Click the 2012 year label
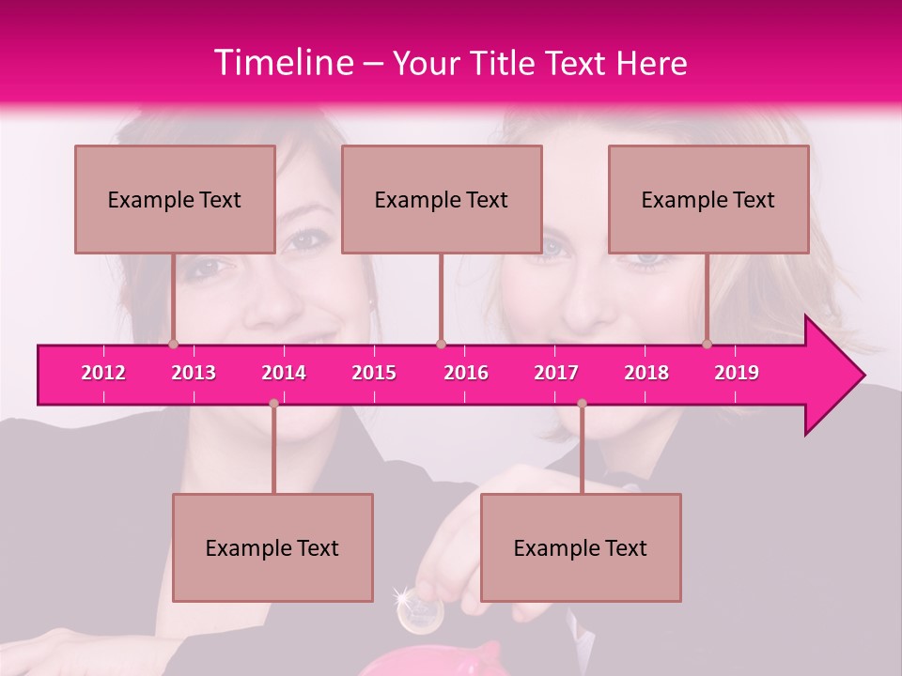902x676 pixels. click(x=103, y=373)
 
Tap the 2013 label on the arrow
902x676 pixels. click(x=194, y=373)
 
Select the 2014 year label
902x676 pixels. click(x=284, y=373)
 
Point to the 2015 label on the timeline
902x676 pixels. click(x=374, y=373)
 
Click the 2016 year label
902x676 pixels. click(x=466, y=373)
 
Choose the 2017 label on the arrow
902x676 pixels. click(x=556, y=373)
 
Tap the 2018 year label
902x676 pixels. click(x=646, y=373)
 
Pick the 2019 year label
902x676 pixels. click(x=737, y=373)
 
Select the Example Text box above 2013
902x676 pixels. click(x=175, y=199)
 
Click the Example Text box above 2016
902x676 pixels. click(x=442, y=199)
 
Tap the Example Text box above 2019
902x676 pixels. click(x=708, y=199)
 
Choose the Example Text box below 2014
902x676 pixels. click(x=272, y=547)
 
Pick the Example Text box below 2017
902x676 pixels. click(x=581, y=547)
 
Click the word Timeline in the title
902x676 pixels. click(x=283, y=63)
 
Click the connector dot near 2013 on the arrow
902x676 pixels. click(x=173, y=344)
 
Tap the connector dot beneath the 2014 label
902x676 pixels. click(x=273, y=403)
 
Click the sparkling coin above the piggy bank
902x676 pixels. click(x=420, y=612)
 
